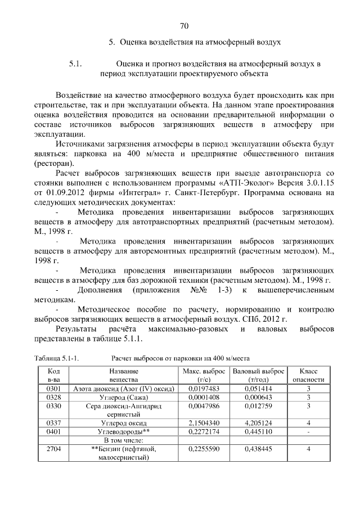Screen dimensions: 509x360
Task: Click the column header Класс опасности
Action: (308, 375)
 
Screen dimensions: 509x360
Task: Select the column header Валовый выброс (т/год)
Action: (259, 375)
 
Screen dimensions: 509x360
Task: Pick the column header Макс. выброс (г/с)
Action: (204, 375)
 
